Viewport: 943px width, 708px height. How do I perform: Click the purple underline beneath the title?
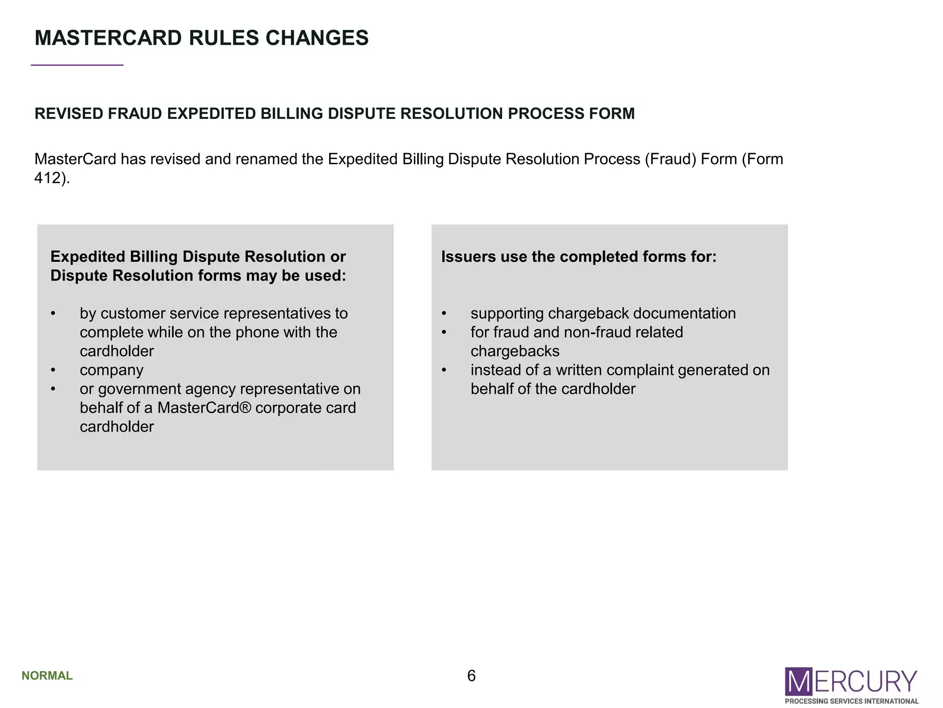point(77,65)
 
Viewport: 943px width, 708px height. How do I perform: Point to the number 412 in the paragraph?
point(47,178)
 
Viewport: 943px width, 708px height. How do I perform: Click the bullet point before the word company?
point(53,370)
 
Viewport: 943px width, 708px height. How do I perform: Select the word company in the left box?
point(111,370)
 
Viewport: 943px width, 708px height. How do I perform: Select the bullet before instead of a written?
point(444,370)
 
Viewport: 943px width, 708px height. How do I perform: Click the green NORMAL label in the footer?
point(47,676)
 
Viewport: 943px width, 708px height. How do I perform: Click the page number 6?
point(471,676)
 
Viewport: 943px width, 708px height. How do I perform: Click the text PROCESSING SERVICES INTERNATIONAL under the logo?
point(851,701)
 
